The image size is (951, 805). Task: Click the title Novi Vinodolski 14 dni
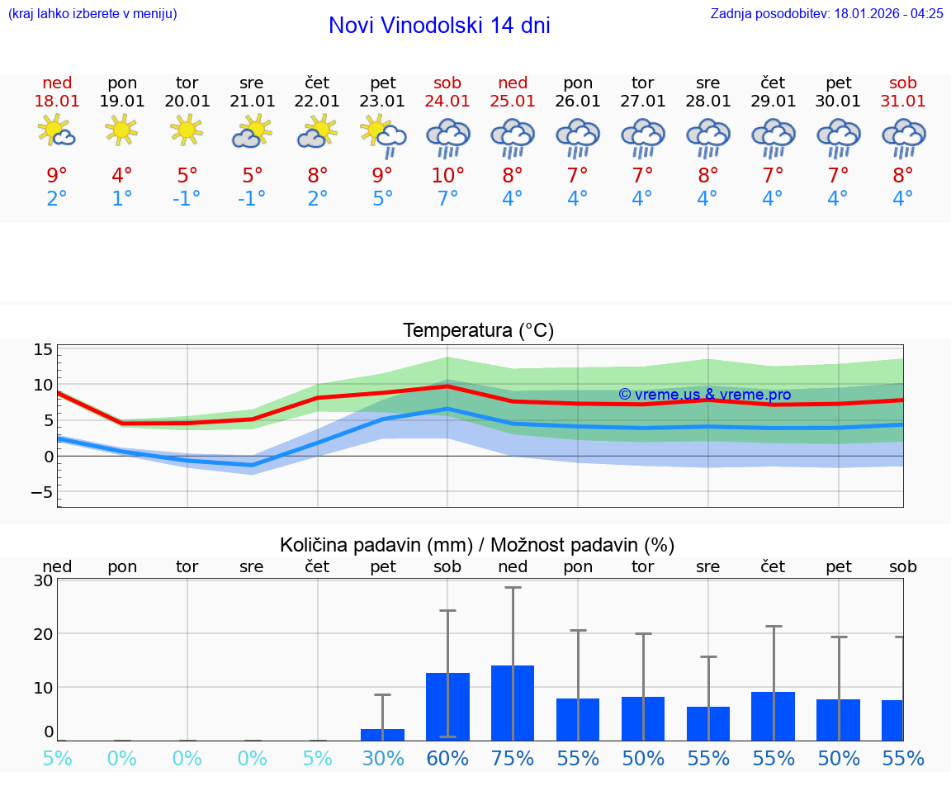click(x=439, y=26)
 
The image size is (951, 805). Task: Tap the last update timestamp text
click(x=826, y=13)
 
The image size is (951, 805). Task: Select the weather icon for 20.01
click(x=187, y=130)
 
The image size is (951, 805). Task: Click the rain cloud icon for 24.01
click(x=447, y=138)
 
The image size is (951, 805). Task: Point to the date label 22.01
click(x=317, y=102)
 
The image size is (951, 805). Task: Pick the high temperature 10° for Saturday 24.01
click(x=447, y=175)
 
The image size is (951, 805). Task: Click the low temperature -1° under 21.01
click(x=252, y=199)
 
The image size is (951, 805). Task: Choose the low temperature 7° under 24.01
click(x=447, y=199)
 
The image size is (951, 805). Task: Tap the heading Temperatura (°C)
click(x=478, y=331)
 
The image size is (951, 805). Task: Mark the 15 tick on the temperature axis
click(x=43, y=349)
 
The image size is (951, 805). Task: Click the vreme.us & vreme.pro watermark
click(x=704, y=395)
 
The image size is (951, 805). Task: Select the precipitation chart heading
click(x=477, y=545)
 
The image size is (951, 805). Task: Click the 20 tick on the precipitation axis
click(x=43, y=634)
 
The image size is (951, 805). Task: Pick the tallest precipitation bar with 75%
click(x=513, y=703)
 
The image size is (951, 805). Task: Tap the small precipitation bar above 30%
click(x=383, y=734)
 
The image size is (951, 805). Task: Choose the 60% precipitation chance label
click(x=447, y=759)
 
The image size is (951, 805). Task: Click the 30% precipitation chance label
click(x=383, y=759)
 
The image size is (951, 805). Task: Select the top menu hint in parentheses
click(x=92, y=13)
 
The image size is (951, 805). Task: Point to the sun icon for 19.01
click(x=121, y=130)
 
